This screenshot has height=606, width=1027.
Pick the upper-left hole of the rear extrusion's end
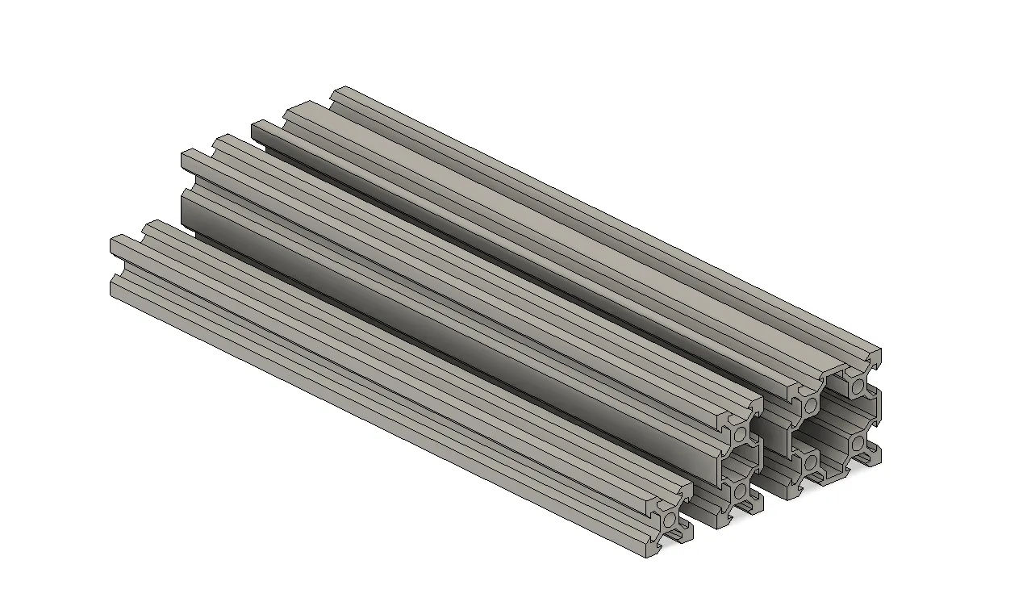point(811,404)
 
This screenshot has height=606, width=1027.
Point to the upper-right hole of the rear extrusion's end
point(858,390)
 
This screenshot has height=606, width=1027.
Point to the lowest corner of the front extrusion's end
point(650,557)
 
